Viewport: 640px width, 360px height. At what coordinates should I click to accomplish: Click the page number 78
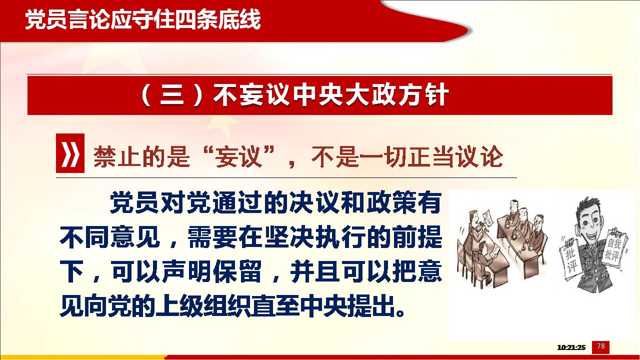pyautogui.click(x=601, y=346)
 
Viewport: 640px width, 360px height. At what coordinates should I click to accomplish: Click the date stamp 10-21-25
pyautogui.click(x=571, y=347)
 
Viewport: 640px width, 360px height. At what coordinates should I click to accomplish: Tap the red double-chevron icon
pyautogui.click(x=70, y=153)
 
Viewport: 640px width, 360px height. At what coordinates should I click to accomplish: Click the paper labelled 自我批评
pyautogui.click(x=615, y=248)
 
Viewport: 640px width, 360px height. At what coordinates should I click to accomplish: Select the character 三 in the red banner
pyautogui.click(x=171, y=95)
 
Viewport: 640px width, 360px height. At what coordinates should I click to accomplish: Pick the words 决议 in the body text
pyautogui.click(x=314, y=202)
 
